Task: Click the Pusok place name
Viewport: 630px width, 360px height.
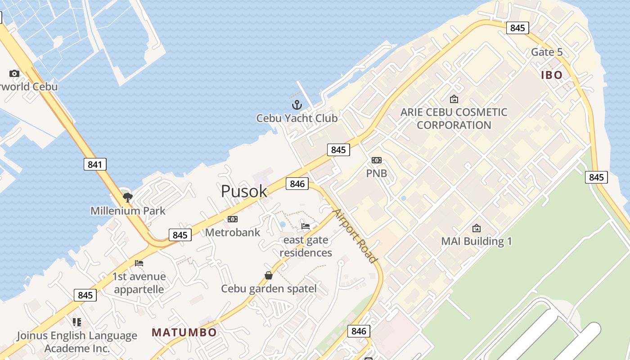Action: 244,191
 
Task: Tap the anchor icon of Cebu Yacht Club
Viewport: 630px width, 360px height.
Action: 297,105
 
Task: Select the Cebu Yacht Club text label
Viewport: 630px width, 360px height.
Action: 297,118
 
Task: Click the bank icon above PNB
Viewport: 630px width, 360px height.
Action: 377,160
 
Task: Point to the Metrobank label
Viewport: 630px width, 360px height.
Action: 233,232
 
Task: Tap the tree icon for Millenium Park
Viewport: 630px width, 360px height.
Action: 128,197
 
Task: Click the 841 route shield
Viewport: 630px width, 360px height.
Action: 95,164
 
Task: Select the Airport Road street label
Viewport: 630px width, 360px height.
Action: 354,236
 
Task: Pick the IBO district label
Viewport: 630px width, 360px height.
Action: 552,75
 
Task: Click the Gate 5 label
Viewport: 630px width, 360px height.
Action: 547,52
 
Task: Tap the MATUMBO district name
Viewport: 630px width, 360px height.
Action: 184,333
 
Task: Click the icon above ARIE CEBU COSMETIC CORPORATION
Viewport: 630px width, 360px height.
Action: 454,99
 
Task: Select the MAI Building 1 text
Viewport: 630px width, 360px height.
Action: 477,241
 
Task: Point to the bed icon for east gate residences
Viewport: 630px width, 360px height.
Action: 306,226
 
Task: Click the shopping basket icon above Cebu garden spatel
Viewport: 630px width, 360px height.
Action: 269,275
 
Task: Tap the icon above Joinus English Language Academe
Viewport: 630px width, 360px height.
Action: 77,322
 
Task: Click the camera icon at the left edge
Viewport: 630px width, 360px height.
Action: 14,73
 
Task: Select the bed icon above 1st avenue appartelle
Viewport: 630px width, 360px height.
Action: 139,263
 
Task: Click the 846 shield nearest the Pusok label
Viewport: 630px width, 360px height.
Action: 297,184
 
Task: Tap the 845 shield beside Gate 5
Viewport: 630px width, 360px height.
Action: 517,28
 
